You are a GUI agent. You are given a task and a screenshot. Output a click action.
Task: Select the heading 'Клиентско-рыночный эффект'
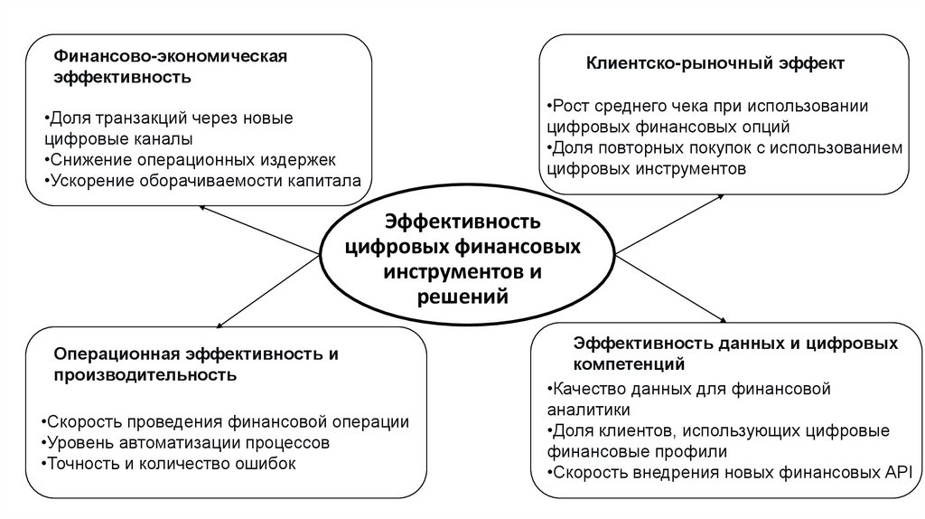[x=715, y=63]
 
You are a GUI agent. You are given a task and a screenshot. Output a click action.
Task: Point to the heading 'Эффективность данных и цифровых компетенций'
[x=735, y=354]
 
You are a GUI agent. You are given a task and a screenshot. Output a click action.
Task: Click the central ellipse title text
[x=462, y=259]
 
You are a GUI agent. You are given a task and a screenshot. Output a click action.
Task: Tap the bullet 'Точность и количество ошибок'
[x=169, y=464]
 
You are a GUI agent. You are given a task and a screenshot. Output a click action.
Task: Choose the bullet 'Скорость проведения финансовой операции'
[x=225, y=422]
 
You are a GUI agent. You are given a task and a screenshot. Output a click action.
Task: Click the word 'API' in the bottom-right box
[x=898, y=471]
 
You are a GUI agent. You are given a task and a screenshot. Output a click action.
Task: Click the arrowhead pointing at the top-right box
[x=722, y=195]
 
